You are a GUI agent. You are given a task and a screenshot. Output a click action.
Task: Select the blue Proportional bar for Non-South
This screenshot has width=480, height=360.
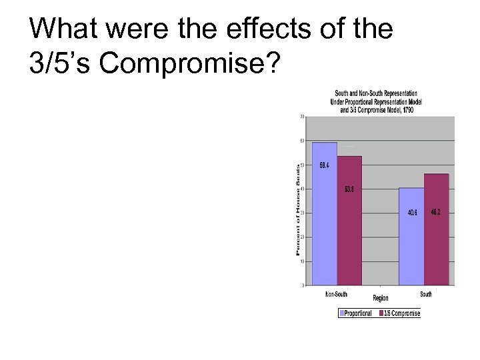coord(325,213)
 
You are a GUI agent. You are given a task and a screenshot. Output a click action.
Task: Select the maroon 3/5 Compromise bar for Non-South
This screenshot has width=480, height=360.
coord(349,220)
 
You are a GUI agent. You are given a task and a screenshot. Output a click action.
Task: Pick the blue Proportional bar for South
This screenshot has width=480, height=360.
coord(412,237)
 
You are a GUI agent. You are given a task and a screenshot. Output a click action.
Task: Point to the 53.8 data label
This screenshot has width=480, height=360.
coord(349,189)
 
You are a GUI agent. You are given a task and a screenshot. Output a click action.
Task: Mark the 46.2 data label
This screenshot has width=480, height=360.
coord(435,211)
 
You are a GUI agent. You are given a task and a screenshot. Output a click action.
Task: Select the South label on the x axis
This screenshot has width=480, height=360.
coord(426,294)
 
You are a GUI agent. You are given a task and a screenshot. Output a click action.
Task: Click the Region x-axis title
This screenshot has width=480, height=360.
coord(381,298)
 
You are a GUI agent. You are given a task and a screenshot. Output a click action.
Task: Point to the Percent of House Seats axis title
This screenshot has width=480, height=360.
coord(298,208)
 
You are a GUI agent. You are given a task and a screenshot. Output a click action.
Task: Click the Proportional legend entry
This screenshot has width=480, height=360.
coord(355,313)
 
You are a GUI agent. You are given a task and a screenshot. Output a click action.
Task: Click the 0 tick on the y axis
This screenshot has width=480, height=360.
coord(303,285)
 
